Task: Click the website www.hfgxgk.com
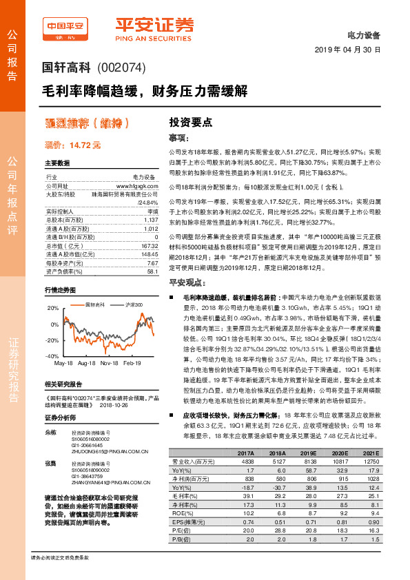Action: [x=138, y=187]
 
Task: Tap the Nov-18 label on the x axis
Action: [x=109, y=362]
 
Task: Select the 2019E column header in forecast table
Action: [x=308, y=453]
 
